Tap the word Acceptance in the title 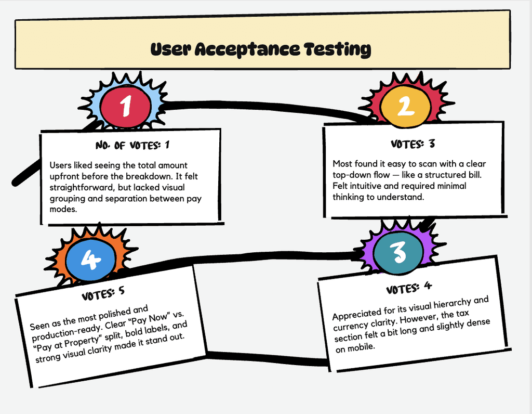[x=248, y=49]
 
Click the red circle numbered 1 [x=126, y=106]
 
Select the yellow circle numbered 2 [x=406, y=106]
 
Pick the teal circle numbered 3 [x=398, y=252]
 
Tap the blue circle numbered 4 [x=90, y=260]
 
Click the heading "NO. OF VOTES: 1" [x=132, y=145]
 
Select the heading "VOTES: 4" [x=409, y=288]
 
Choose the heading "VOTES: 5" [x=103, y=293]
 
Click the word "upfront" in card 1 [x=64, y=177]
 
